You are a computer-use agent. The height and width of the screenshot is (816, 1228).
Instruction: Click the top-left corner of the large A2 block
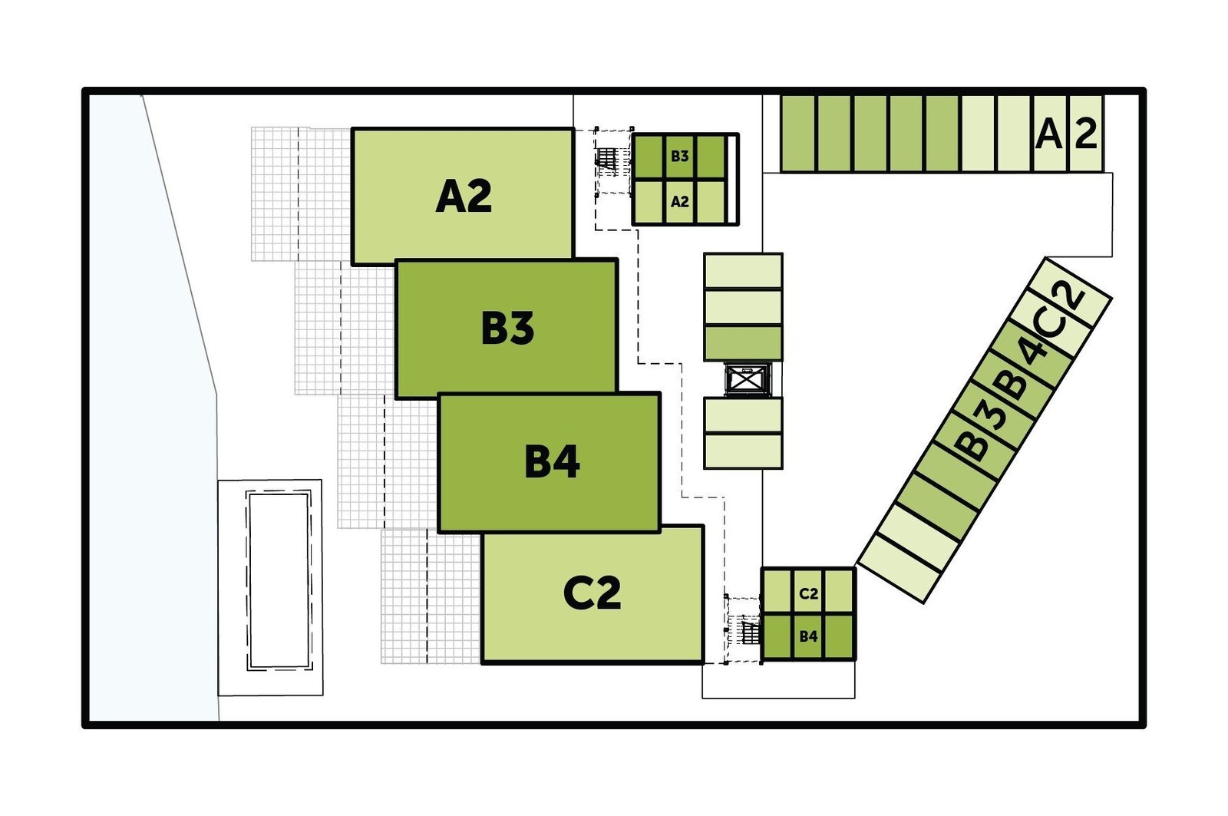tap(352, 129)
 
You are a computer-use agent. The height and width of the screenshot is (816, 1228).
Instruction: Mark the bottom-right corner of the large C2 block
tap(703, 663)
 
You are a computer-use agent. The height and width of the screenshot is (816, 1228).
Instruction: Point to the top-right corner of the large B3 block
tap(617, 260)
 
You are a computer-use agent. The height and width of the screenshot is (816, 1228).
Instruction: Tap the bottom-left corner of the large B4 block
tap(439, 531)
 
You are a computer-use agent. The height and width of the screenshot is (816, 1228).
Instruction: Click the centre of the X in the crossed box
tap(748, 379)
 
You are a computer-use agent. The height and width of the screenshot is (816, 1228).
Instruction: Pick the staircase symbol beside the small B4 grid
tap(749, 631)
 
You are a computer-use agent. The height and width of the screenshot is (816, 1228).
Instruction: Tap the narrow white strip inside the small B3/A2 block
tap(731, 180)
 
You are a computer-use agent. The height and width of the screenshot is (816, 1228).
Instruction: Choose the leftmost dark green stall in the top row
tap(798, 134)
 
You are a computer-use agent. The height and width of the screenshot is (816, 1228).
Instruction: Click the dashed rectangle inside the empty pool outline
tap(279, 581)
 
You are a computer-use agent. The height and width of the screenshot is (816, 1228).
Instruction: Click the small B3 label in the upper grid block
tap(680, 157)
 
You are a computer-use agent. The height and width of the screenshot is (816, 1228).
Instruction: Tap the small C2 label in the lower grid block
tap(809, 593)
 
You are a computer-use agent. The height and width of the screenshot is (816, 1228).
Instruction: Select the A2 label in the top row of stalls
tap(1066, 134)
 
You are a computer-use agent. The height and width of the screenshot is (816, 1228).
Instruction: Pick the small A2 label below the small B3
tap(680, 202)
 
